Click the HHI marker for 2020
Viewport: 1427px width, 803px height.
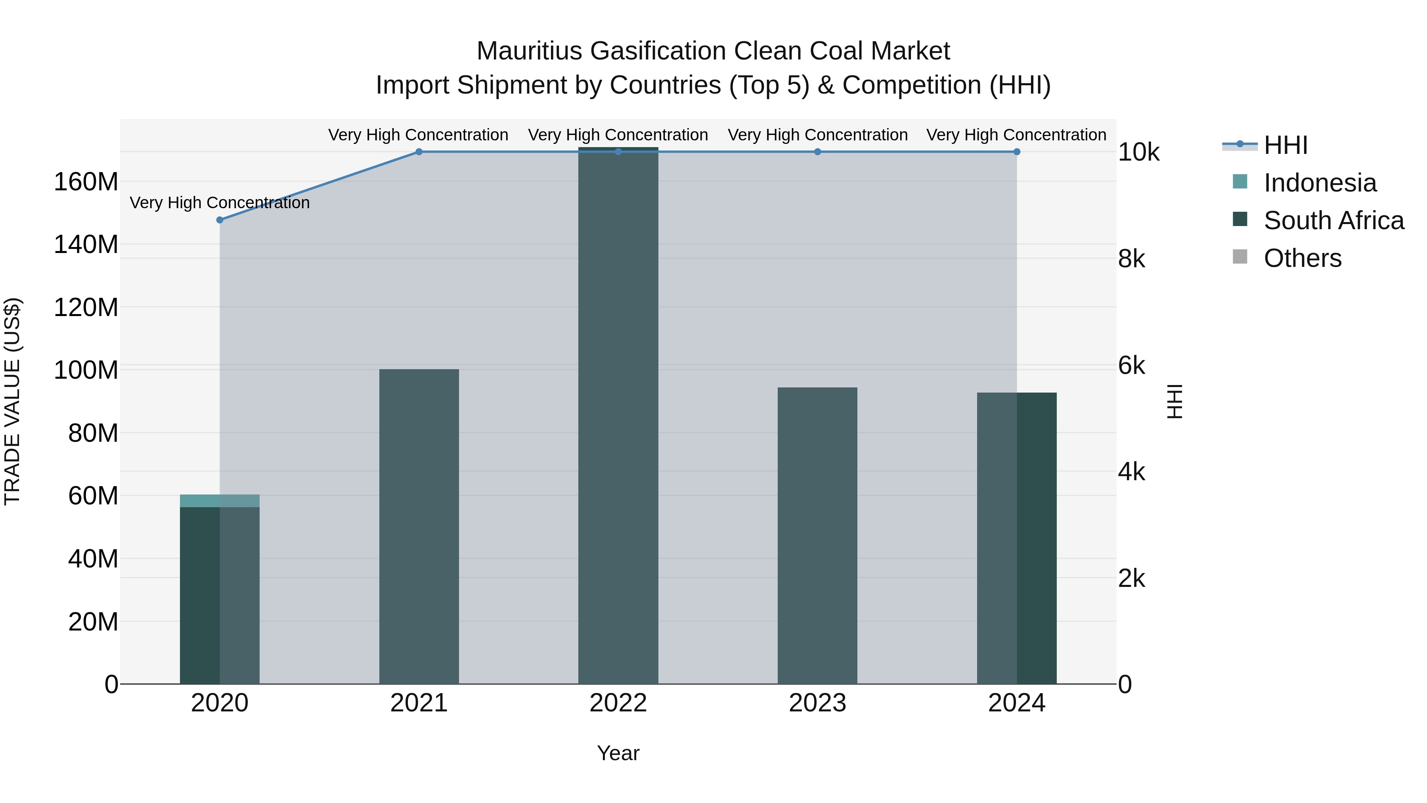(220, 220)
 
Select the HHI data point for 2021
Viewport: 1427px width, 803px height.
(419, 152)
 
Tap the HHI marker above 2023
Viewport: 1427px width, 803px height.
(818, 152)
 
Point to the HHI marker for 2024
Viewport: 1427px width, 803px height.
(1016, 152)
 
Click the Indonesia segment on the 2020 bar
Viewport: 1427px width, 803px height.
(220, 500)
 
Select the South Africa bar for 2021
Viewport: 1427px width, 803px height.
(419, 527)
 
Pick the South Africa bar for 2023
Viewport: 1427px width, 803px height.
(818, 535)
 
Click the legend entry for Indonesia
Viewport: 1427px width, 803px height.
(1320, 183)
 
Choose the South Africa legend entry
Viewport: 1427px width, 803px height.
(1333, 220)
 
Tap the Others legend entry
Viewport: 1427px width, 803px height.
(1303, 258)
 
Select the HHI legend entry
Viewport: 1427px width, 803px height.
(1285, 145)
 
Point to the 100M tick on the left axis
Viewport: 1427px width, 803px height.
(86, 370)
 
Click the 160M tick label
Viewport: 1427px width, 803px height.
(86, 182)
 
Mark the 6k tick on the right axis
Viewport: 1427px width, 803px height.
(1132, 366)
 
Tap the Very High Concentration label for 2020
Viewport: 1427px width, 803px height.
(220, 203)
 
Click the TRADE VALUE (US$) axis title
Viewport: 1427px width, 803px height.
(12, 401)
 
